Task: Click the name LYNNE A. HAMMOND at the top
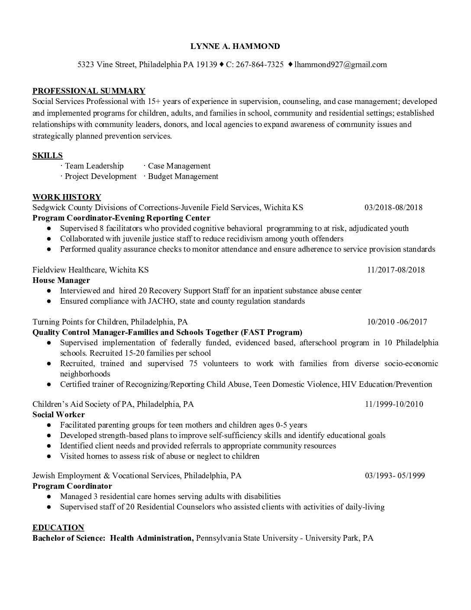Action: [x=235, y=46]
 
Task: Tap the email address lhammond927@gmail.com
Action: [x=340, y=65]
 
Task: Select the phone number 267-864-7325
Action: [x=260, y=65]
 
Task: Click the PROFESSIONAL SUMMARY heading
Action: [x=89, y=91]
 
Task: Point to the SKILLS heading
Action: [x=48, y=155]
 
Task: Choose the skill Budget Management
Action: [x=183, y=176]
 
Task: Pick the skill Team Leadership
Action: [x=94, y=166]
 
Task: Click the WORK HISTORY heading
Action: [x=67, y=197]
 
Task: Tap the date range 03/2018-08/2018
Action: [x=394, y=208]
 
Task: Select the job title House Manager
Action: [x=61, y=280]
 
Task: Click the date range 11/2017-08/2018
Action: [x=396, y=270]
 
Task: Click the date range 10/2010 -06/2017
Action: [x=397, y=322]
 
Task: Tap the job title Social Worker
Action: [x=58, y=415]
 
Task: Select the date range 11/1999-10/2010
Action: [x=394, y=404]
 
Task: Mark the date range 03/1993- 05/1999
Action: [x=395, y=476]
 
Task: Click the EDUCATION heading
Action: [x=58, y=527]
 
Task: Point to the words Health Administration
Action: [x=151, y=538]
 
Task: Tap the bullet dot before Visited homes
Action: [x=50, y=456]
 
